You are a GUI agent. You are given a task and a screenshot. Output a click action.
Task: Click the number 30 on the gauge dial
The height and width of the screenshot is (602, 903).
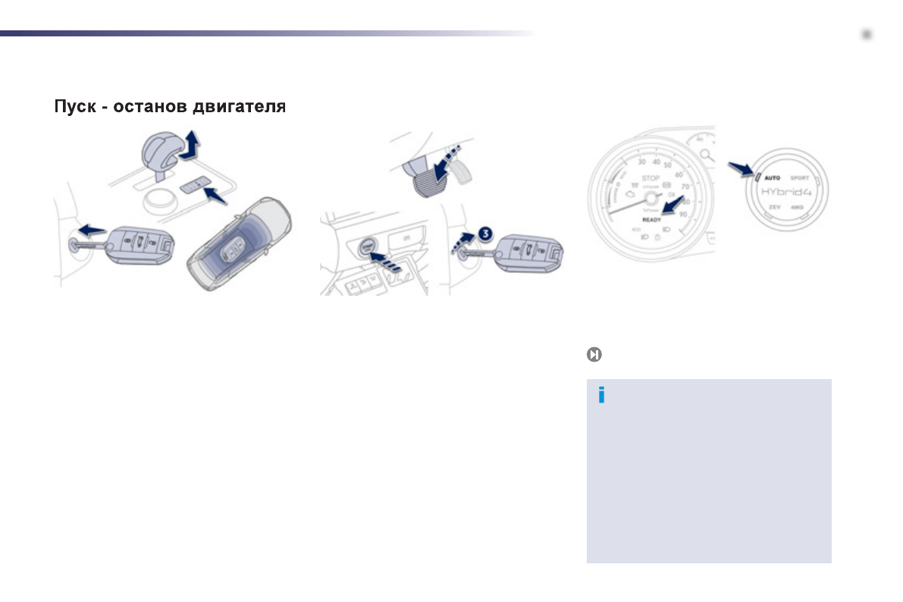(641, 161)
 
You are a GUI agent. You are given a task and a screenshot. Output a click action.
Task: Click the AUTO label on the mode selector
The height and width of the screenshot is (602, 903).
(772, 178)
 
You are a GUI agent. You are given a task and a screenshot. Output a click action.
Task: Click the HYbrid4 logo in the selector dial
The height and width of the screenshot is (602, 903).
(786, 192)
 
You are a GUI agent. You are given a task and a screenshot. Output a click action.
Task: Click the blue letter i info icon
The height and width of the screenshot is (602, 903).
(601, 395)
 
